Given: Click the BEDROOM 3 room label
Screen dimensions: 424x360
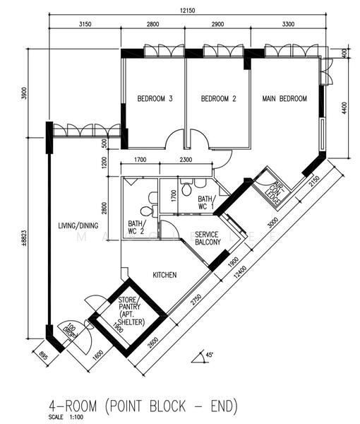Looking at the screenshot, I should [x=155, y=99].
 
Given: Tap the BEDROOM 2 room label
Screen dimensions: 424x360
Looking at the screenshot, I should [x=218, y=99].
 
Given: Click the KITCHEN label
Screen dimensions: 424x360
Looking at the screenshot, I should [x=164, y=275].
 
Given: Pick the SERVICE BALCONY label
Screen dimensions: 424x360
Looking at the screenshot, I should [x=208, y=238].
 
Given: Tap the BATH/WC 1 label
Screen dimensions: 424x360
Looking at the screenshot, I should [x=205, y=203].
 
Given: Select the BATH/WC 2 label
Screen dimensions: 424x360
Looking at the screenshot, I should [x=136, y=227].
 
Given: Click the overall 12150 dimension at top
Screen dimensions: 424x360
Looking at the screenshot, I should [x=187, y=11].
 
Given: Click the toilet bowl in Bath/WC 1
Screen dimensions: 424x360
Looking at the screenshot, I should [x=186, y=189].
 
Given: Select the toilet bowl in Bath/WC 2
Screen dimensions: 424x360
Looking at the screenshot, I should [x=146, y=211].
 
